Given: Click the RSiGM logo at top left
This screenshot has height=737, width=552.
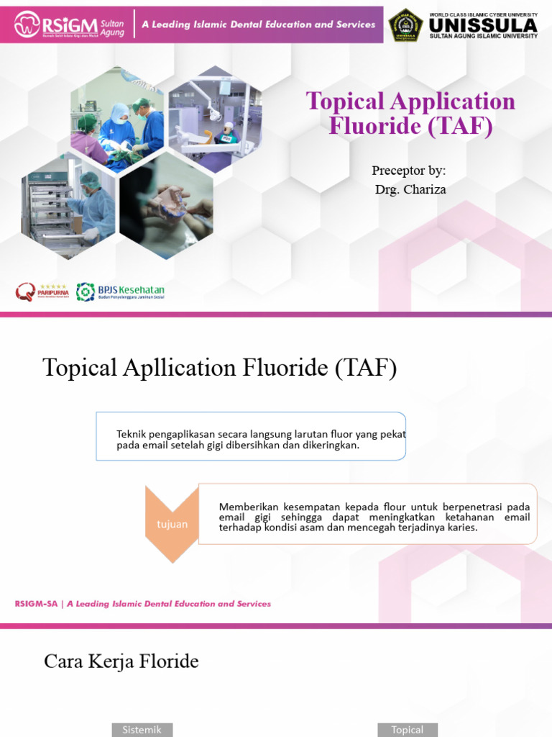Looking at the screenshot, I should coord(68,24).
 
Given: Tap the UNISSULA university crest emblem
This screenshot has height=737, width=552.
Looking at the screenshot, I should coord(405,25).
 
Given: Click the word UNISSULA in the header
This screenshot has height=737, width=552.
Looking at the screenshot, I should coord(482,24).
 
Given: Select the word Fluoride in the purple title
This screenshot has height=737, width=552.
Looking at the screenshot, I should coord(373,126).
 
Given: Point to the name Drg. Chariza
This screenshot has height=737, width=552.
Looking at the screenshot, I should coord(410,189).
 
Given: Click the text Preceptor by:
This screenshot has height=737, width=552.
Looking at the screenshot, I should coord(408,171).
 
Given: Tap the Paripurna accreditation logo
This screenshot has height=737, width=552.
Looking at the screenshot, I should coord(42,291).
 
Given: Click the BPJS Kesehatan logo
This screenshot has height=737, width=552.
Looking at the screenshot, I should coord(121,291).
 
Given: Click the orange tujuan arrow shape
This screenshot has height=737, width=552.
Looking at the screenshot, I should coord(172,523).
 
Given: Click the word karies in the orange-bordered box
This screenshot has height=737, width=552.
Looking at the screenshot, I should coord(461,528).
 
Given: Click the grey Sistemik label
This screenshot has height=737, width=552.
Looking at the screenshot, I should coord(142,729).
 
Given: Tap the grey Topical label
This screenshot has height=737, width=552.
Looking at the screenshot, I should coord(407,729).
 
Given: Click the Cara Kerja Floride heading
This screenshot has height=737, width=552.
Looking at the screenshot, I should coord(121,661).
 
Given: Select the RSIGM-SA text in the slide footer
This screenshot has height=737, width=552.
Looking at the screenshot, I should coord(37,604).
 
